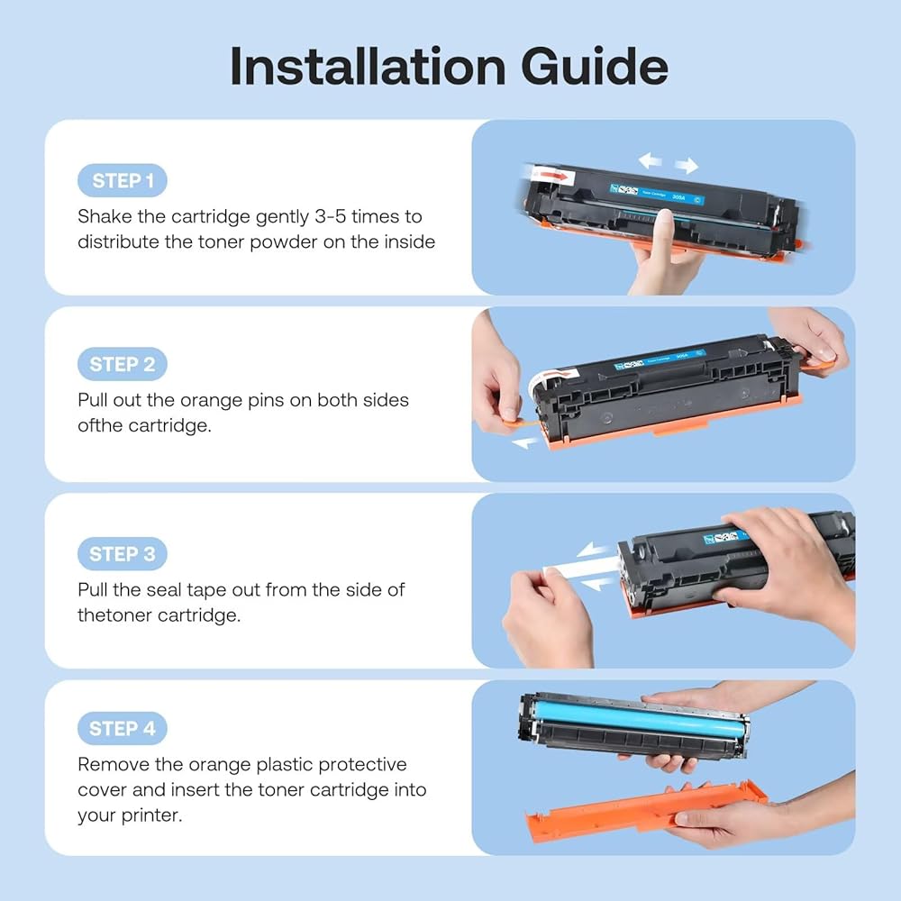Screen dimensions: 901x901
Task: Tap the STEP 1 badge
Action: [x=123, y=180]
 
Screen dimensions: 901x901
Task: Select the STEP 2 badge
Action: [x=123, y=364]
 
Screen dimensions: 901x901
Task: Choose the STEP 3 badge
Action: [x=123, y=554]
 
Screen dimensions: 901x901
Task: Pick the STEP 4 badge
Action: [x=123, y=729]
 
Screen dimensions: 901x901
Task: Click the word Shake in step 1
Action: [x=105, y=216]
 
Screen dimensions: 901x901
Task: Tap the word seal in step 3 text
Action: [x=164, y=590]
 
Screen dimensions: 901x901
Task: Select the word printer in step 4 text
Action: [x=150, y=816]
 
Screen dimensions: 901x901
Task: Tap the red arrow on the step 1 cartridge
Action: [x=553, y=174]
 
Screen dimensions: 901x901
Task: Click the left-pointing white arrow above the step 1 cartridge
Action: [x=650, y=159]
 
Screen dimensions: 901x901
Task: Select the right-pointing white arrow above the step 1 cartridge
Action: [x=686, y=166]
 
